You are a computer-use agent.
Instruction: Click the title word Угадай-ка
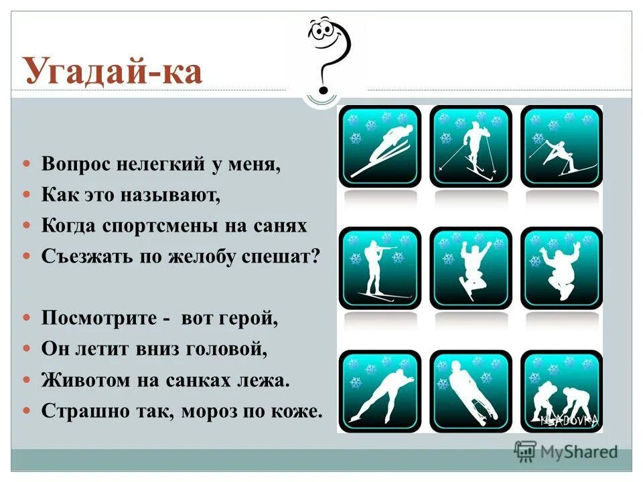coord(113,72)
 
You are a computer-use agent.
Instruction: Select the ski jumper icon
coord(380,146)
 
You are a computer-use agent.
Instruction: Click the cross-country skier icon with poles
coord(471,146)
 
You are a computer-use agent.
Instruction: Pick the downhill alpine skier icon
coord(561,146)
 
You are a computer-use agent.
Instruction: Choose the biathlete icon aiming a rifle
coord(380,268)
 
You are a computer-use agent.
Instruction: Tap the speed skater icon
coord(380,390)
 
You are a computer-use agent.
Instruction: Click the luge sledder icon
coord(471,390)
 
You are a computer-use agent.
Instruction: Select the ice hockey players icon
coord(561,390)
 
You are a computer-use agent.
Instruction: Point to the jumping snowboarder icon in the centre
coord(471,268)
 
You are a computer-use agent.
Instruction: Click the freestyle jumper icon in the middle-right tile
coord(561,268)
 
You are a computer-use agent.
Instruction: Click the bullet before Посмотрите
coord(27,318)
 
